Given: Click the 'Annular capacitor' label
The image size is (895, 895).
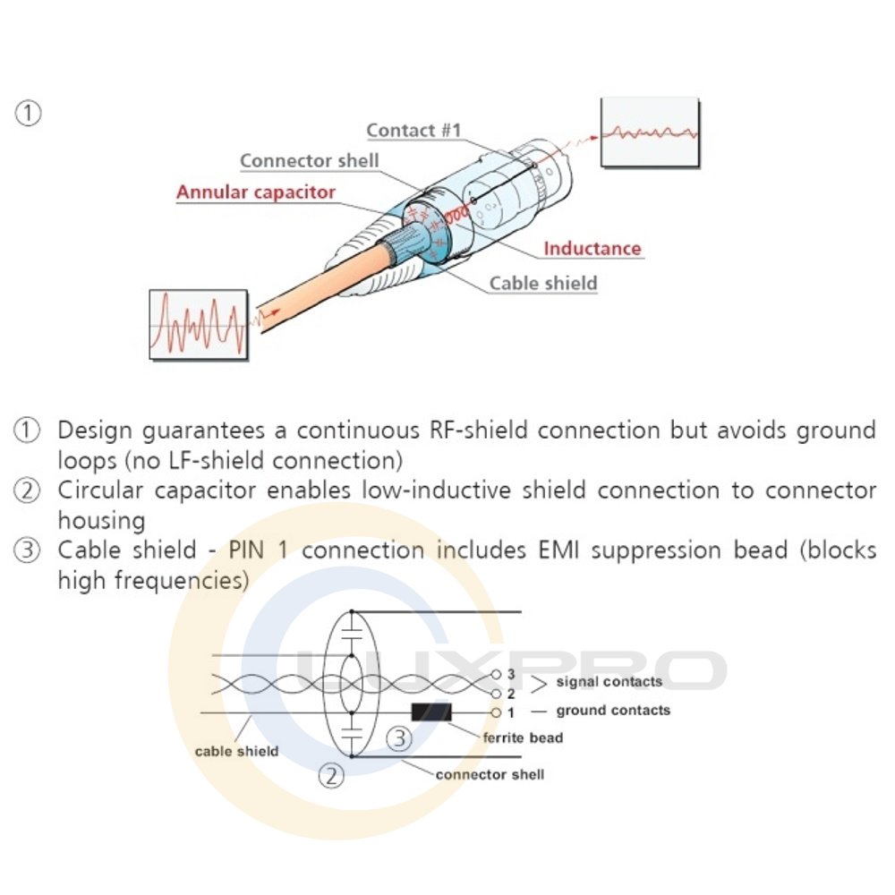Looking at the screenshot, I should point(256,192).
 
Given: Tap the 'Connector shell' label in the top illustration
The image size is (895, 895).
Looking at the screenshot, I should point(310,161).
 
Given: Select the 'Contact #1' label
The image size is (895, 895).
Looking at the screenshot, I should point(413,130).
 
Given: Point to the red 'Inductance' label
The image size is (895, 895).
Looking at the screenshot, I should point(592,248).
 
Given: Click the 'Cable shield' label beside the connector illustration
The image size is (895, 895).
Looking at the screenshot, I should point(542,284).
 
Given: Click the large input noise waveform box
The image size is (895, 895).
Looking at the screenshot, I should point(199,324).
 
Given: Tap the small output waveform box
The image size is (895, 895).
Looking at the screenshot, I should point(650,132).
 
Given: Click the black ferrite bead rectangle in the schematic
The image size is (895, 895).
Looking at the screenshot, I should point(431,712).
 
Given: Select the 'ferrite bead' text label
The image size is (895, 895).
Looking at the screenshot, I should point(523,738).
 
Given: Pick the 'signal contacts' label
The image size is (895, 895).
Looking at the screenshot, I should point(609,682).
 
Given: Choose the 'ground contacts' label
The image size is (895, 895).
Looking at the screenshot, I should point(613,711).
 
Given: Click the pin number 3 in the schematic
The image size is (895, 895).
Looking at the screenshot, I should point(511,674).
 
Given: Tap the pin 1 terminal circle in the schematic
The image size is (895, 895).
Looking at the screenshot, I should point(496,712).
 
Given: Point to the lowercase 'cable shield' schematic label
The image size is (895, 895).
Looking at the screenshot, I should point(236,751).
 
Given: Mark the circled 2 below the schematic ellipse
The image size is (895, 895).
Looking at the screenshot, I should point(332,775).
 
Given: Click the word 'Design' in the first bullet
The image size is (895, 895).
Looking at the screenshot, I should point(98,430).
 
